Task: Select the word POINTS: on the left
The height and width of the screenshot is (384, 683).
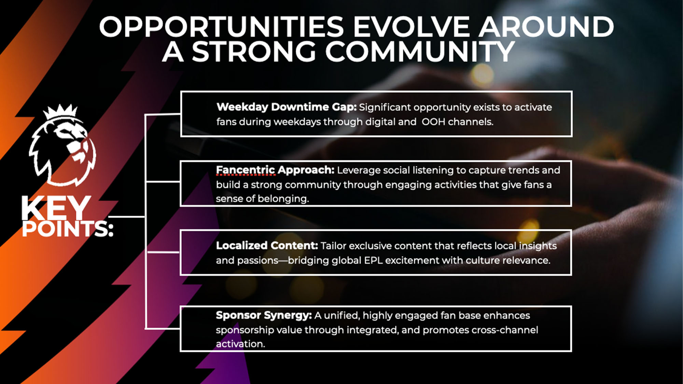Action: tap(67, 229)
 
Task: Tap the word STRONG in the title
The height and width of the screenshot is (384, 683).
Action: tap(254, 52)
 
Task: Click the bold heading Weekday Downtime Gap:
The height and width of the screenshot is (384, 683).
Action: tap(287, 107)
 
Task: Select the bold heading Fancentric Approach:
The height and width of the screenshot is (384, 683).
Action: tap(275, 170)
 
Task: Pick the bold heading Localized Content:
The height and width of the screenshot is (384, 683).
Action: tap(267, 245)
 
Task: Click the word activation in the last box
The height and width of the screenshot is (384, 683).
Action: tap(240, 344)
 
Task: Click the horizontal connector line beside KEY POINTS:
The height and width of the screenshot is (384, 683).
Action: tap(127, 216)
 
